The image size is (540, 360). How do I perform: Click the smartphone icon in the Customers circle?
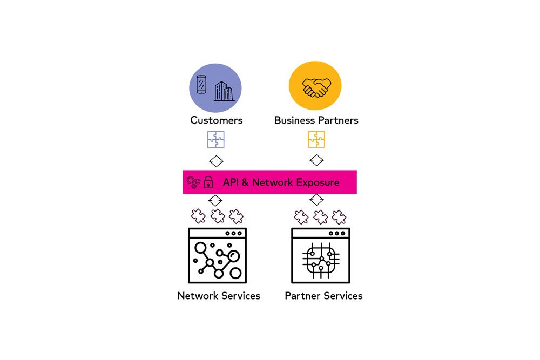[x=201, y=84]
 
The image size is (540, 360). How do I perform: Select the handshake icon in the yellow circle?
[x=316, y=87]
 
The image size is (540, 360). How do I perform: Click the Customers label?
[x=216, y=120]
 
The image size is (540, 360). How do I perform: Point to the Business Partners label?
[x=316, y=120]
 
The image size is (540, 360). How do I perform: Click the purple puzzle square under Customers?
[x=216, y=140]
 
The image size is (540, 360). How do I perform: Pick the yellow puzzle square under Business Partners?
[x=316, y=140]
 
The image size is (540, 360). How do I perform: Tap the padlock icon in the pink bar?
[x=208, y=182]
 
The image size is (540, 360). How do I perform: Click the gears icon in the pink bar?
[x=193, y=181]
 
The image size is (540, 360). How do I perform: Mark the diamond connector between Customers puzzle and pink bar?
[x=216, y=161]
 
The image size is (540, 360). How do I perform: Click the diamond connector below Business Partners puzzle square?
[x=316, y=161]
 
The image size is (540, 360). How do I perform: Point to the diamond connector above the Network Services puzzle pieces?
[x=216, y=200]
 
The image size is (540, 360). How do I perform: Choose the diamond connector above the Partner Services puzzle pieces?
[x=316, y=200]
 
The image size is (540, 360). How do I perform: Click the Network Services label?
[x=219, y=296]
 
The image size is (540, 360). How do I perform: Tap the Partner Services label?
[x=323, y=296]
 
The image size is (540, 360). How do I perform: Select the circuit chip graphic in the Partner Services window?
[x=321, y=260]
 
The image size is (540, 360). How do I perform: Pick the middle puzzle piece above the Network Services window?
[x=218, y=216]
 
